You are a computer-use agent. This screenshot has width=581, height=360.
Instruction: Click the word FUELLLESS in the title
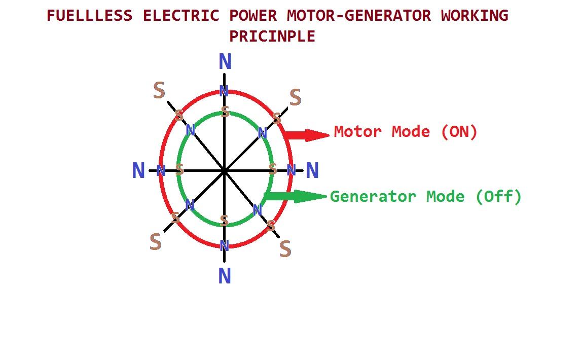tap(89, 16)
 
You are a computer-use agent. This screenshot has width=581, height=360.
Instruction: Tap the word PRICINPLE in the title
tap(272, 37)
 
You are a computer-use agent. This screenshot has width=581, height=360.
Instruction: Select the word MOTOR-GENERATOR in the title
tap(359, 16)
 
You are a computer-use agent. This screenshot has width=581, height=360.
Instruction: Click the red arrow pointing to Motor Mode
tap(306, 135)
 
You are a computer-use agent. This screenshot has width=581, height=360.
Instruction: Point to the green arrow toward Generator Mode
tap(296, 196)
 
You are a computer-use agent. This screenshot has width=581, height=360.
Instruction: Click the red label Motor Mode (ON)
tap(406, 132)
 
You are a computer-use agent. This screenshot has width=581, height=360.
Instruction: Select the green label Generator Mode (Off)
tap(426, 197)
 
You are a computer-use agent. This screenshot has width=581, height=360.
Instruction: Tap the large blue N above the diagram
tap(225, 61)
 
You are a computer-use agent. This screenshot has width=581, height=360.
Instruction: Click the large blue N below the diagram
tap(225, 276)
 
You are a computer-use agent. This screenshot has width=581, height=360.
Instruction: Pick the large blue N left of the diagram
tap(138, 170)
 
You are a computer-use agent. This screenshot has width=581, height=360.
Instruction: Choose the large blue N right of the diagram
tap(312, 170)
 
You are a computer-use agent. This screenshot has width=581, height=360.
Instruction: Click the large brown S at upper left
tap(159, 90)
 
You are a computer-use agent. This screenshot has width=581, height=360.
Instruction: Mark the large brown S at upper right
tap(296, 97)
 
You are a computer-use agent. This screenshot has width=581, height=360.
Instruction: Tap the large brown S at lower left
tap(156, 242)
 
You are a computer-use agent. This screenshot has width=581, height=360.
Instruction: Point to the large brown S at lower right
tap(285, 249)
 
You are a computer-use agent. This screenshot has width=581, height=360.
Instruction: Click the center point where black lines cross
tap(224, 171)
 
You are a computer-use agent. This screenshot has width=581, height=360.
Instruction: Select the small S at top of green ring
tap(225, 112)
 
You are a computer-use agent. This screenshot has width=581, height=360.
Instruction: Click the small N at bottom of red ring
tap(224, 245)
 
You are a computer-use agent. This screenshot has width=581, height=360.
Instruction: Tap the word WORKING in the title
tap(475, 16)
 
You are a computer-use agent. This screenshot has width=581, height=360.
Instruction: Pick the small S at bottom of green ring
tap(224, 221)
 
